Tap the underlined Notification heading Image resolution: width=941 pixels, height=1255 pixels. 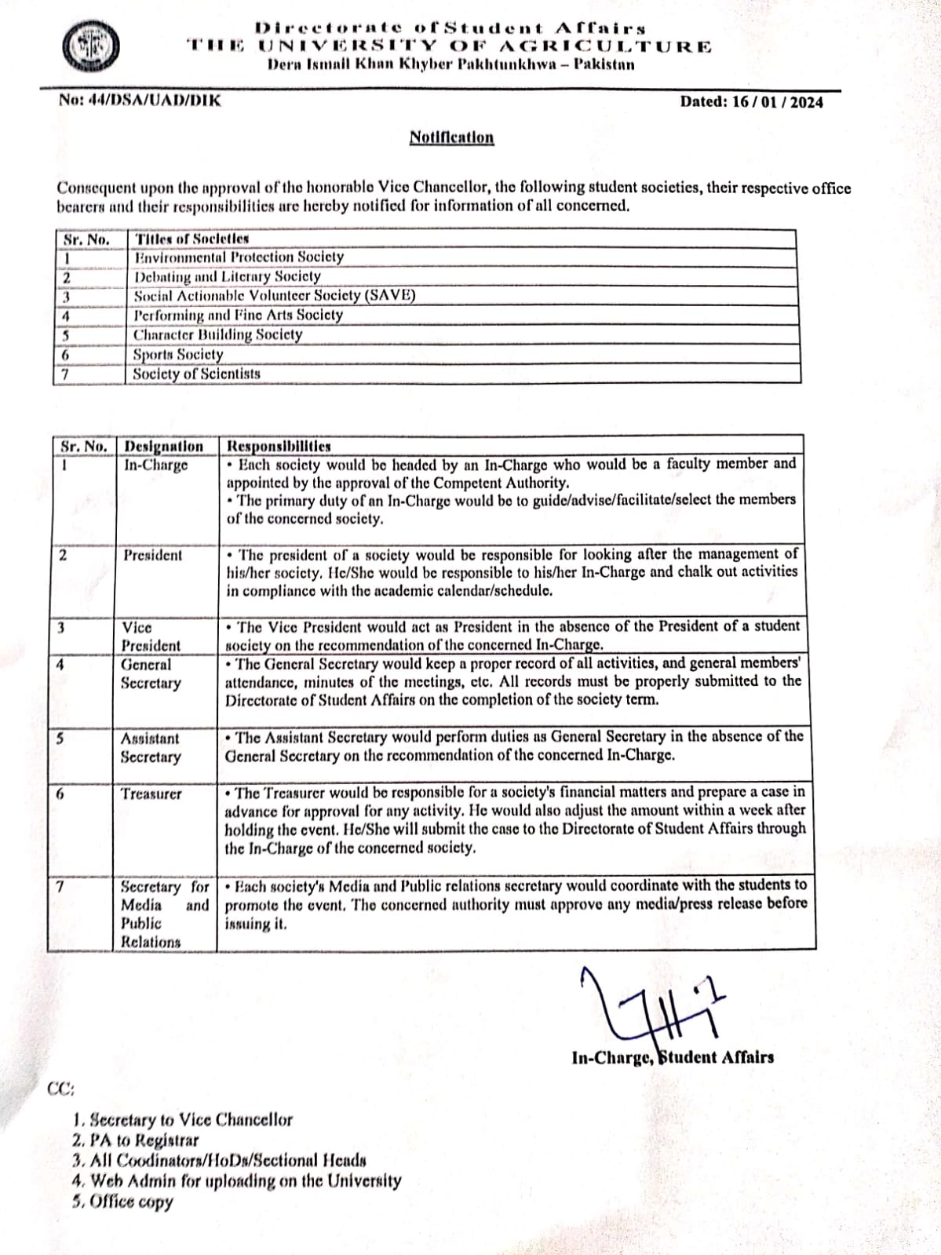tap(451, 138)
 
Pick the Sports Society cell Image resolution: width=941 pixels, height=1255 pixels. tap(178, 355)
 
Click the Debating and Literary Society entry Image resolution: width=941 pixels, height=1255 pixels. tap(227, 277)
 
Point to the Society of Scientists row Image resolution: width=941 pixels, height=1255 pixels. tap(196, 374)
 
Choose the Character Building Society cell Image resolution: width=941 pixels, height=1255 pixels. tap(217, 335)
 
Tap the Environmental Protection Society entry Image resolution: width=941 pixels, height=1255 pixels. tap(239, 257)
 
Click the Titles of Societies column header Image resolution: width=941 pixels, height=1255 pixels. tap(192, 239)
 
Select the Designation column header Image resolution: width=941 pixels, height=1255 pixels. tap(164, 447)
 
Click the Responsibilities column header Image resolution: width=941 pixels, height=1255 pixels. tap(279, 447)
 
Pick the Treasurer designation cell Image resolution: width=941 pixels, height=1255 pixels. tap(151, 794)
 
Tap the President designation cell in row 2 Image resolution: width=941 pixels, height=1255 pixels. tap(152, 556)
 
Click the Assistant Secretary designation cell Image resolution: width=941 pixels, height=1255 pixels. tap(150, 748)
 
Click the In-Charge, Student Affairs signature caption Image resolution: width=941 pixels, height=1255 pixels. tap(673, 1058)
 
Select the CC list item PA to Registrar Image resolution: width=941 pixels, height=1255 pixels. tap(135, 1140)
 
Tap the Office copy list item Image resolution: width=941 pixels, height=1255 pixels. tap(122, 1202)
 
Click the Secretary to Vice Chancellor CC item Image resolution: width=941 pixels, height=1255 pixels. tap(182, 1120)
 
